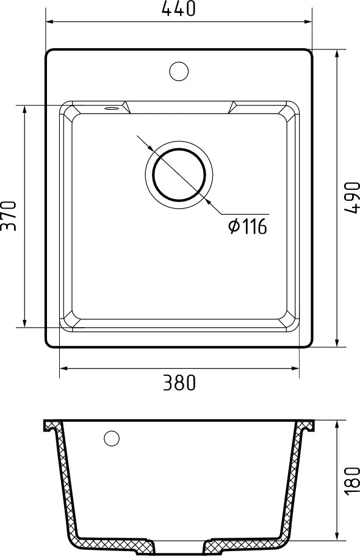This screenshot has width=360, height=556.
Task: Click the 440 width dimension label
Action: [x=178, y=9]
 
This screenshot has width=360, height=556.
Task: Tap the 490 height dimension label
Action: [x=351, y=198]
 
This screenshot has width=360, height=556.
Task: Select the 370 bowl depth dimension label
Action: [x=9, y=216]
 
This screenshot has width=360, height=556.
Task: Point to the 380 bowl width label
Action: [x=179, y=383]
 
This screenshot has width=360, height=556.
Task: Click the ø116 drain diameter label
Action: [x=248, y=226]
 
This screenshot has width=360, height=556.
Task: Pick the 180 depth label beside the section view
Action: [x=351, y=481]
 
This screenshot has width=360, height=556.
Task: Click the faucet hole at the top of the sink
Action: [x=179, y=71]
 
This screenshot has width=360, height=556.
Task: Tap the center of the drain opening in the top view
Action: [x=179, y=175]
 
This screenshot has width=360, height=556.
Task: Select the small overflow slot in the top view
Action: [x=112, y=108]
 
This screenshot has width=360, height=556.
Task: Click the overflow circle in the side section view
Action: [x=112, y=439]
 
